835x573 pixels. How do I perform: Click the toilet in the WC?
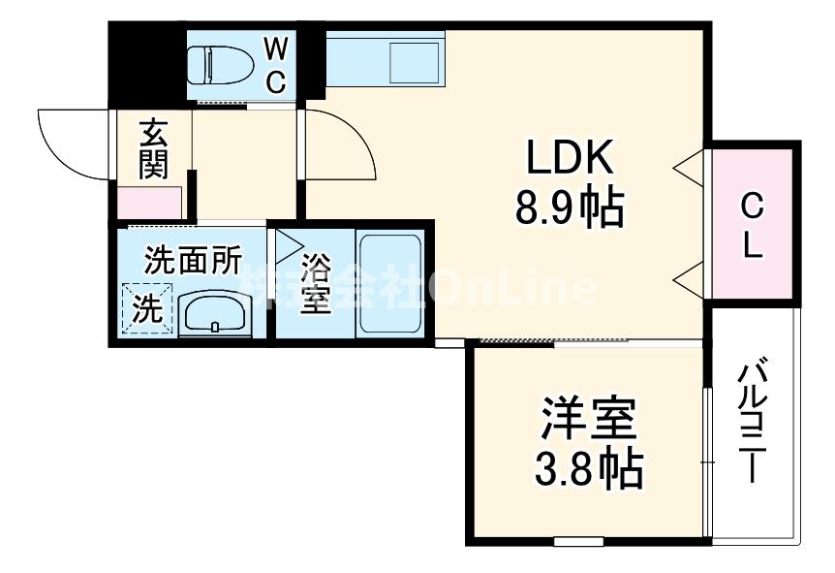(x=221, y=65)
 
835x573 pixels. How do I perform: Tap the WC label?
(x=276, y=64)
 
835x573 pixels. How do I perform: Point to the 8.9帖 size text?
(x=569, y=207)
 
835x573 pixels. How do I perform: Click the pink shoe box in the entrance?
(x=150, y=204)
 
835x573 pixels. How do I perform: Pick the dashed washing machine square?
(x=146, y=309)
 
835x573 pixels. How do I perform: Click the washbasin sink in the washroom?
(x=215, y=313)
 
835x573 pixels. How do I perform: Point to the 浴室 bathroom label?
(x=315, y=284)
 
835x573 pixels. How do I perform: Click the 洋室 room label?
(x=587, y=420)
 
